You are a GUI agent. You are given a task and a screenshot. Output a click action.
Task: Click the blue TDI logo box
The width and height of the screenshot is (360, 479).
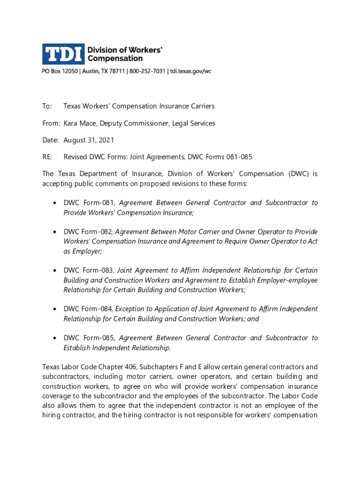tap(63, 54)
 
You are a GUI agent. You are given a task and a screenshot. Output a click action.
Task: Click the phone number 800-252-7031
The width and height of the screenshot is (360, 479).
tap(147, 71)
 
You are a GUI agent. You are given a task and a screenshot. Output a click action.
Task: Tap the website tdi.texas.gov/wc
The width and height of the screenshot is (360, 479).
tap(191, 71)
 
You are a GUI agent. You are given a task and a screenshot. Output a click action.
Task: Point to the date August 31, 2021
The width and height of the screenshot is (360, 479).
tap(89, 140)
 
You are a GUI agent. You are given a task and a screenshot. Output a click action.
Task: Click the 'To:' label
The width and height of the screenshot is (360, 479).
tap(47, 106)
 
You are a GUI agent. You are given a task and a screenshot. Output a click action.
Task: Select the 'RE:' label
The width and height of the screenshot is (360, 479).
tap(48, 157)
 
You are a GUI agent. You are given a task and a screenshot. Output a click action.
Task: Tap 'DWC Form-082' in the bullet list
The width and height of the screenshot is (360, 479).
tap(88, 232)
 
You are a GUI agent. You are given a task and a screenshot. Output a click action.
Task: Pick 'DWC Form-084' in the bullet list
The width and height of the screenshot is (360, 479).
tap(88, 309)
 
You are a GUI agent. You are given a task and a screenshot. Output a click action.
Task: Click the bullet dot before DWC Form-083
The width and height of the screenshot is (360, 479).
tap(56, 271)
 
